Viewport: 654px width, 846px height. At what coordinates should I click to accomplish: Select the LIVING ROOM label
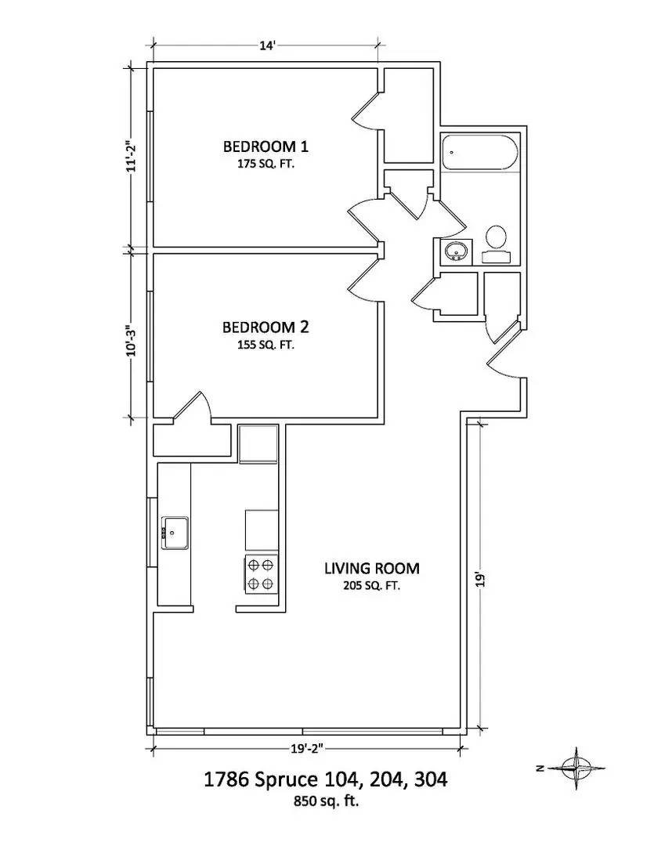(x=372, y=568)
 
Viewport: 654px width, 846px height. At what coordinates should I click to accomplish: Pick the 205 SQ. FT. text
(x=372, y=585)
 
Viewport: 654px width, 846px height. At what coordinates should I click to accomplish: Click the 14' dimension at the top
(x=266, y=46)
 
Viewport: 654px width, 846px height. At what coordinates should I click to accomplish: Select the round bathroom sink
(x=456, y=251)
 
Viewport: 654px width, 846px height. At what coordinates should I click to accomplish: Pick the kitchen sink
(x=175, y=533)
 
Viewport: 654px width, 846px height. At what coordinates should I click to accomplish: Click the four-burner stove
(x=261, y=573)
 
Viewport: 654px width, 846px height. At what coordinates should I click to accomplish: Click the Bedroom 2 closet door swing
(x=192, y=407)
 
